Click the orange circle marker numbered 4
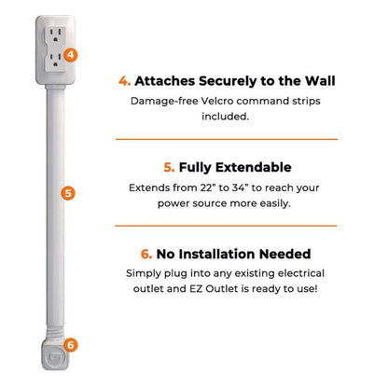72,55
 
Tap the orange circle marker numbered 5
66,193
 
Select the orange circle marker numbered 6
71,344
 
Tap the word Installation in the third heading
223,254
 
